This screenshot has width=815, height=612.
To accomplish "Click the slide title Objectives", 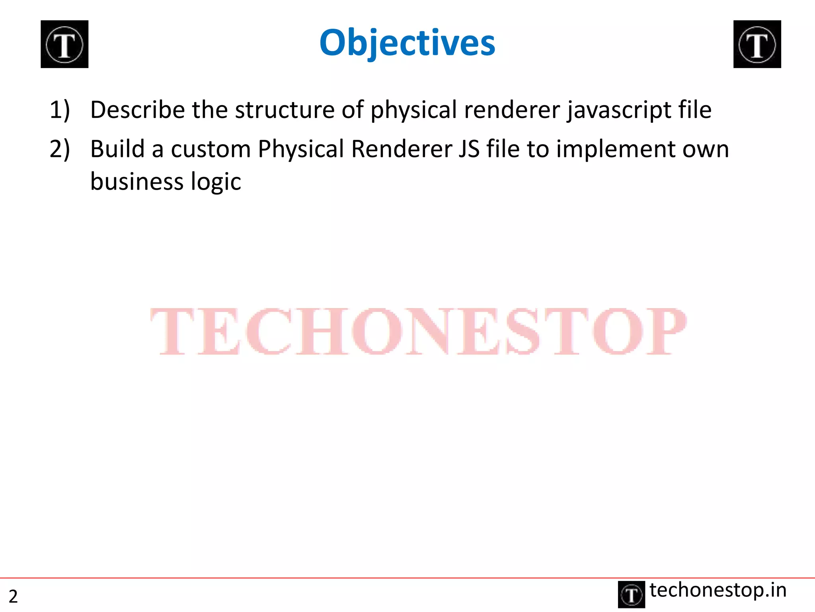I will [x=407, y=43].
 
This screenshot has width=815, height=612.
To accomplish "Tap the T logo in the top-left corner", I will [x=64, y=44].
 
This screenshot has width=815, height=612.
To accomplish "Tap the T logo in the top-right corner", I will [x=757, y=44].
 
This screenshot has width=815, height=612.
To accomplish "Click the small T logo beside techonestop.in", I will [x=631, y=594].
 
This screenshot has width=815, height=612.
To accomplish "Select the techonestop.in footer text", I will [x=718, y=590].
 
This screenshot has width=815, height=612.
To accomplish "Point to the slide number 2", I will [x=13, y=596].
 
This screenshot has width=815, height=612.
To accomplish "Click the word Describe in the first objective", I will [x=137, y=110].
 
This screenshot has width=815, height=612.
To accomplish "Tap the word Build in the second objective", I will [x=117, y=149].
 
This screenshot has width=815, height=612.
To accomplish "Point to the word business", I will [x=136, y=182].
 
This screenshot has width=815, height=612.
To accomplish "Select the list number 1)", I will [x=60, y=110].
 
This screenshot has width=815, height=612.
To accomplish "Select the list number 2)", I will [x=60, y=149].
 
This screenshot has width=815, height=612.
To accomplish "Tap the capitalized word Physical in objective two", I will [x=300, y=150].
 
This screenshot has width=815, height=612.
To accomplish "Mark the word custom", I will [x=211, y=149].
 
